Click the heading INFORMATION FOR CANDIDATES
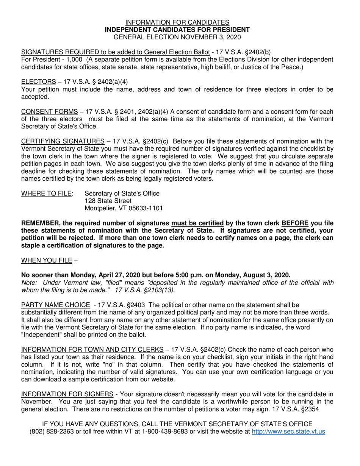177,22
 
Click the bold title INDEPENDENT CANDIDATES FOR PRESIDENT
177,30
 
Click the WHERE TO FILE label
47,194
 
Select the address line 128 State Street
108,201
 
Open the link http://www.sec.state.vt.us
288,432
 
